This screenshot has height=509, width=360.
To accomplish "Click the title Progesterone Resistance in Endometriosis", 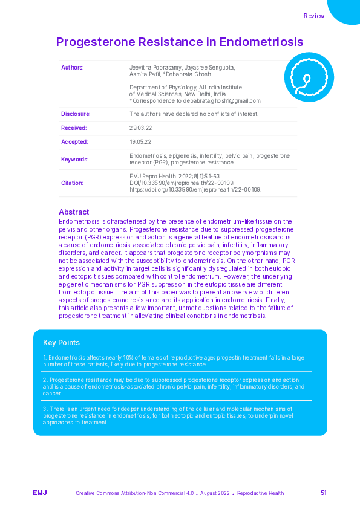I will click(180, 42).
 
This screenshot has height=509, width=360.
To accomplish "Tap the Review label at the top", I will click(314, 16).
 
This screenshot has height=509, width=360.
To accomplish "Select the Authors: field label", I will click(73, 67).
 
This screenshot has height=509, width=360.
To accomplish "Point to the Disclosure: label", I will click(76, 114).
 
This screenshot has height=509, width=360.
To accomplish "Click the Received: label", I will click(74, 128).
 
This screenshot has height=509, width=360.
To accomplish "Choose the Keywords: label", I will click(75, 159).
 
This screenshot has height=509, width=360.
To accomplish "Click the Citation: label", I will click(73, 183).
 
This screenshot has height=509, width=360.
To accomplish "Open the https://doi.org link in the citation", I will click(195, 189).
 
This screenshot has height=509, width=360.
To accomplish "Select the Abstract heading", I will click(74, 212).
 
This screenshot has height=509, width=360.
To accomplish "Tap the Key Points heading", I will click(61, 343).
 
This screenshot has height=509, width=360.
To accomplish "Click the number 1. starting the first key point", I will click(45, 358).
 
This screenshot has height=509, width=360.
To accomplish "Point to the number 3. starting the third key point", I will click(45, 409).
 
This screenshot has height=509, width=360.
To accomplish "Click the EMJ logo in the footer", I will click(40, 493).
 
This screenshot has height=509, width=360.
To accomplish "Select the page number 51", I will click(324, 493).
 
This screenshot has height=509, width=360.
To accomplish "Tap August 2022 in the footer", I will click(215, 494).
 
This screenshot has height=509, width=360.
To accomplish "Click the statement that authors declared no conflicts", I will click(194, 114).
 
